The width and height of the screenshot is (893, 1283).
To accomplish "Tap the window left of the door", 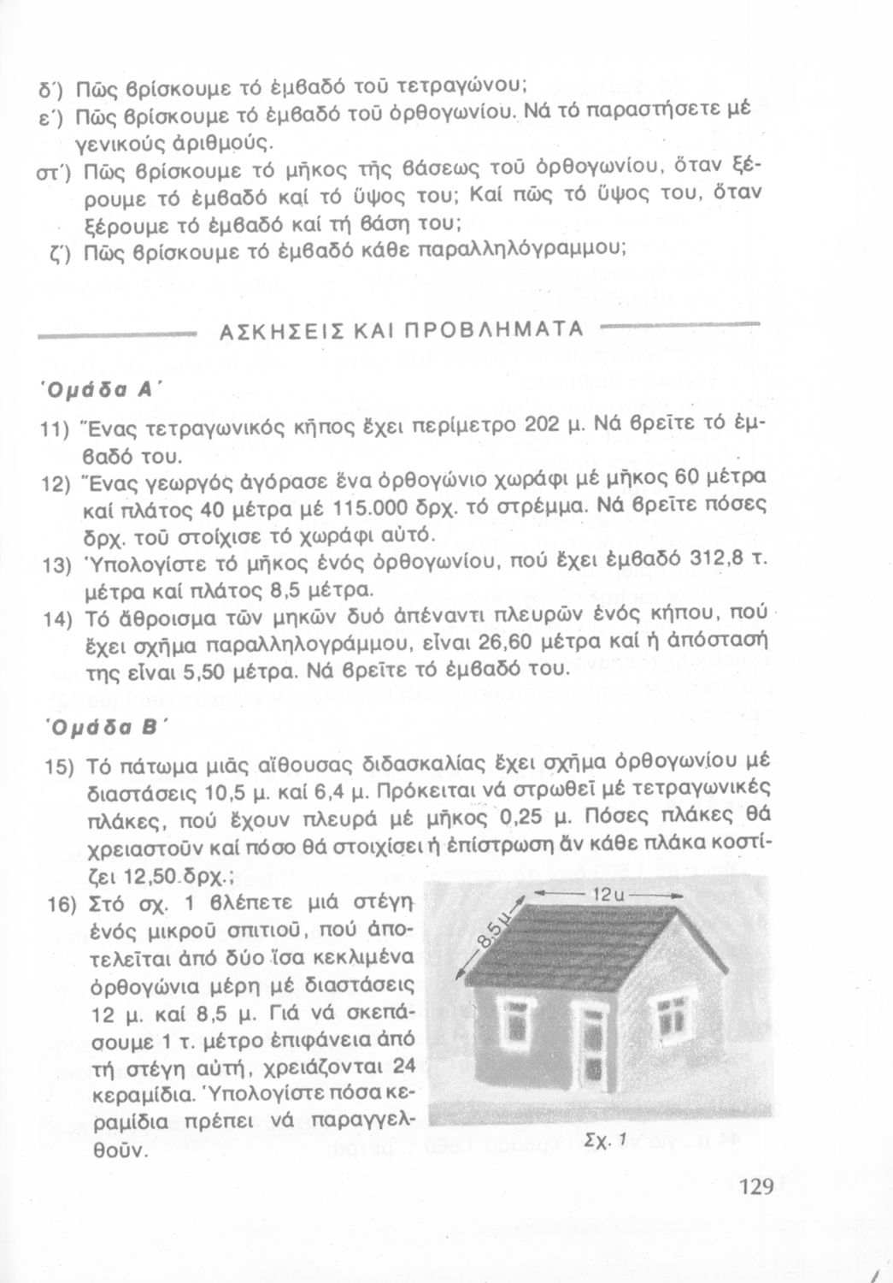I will tap(518, 1023).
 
